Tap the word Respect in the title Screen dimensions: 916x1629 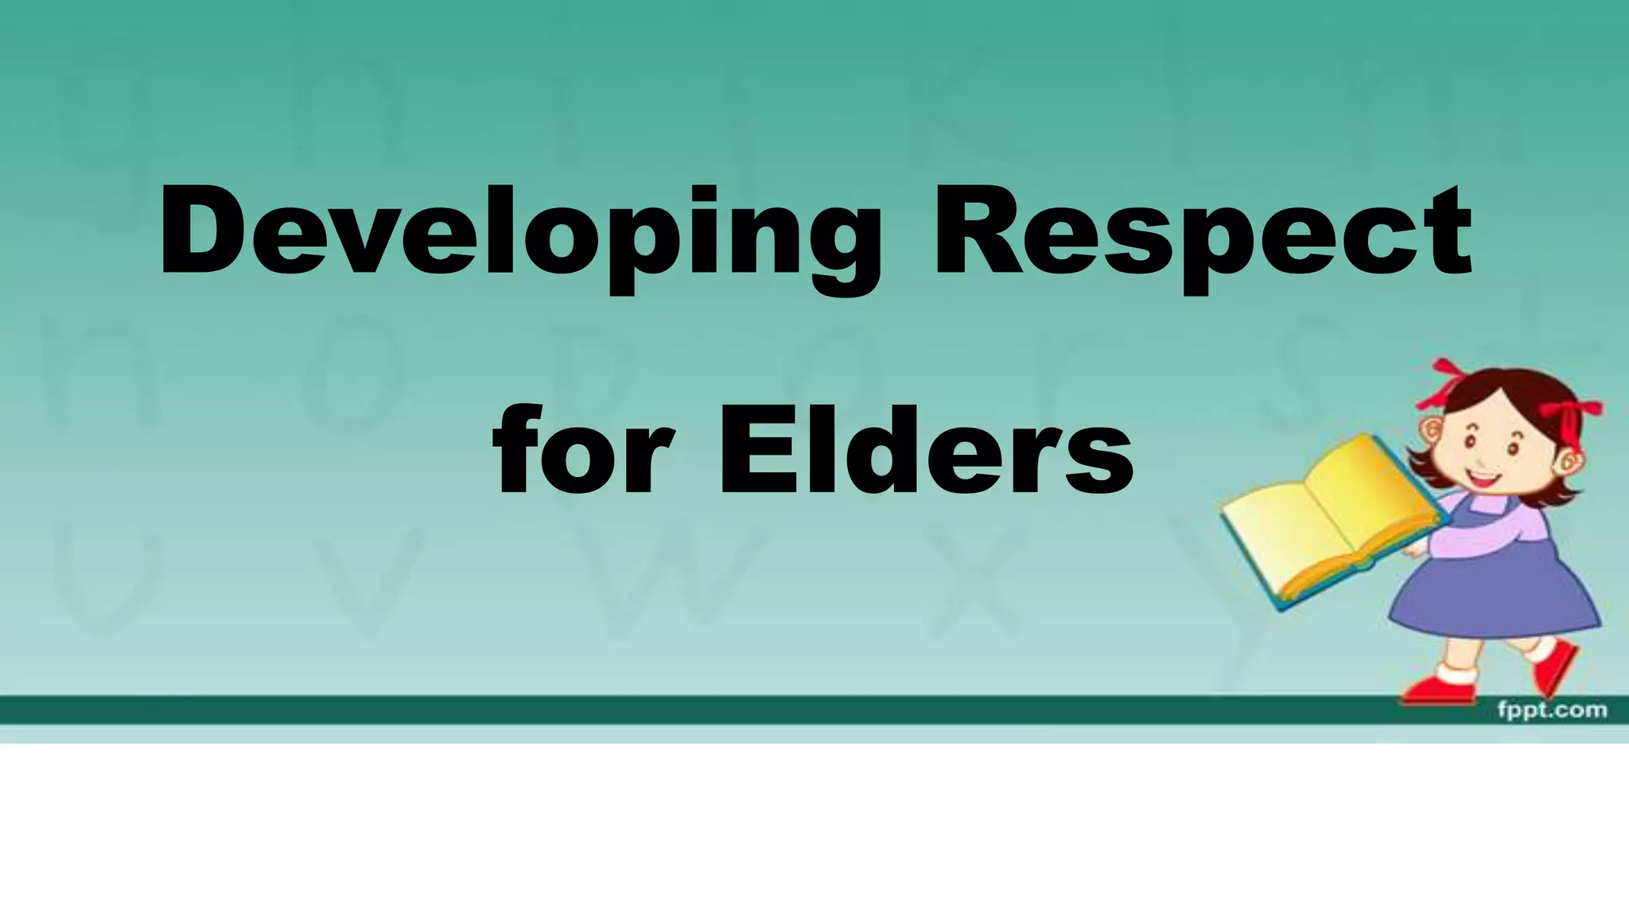pos(1201,235)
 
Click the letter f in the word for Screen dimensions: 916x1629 pos(517,449)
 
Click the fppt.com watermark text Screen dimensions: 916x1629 pos(1551,709)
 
